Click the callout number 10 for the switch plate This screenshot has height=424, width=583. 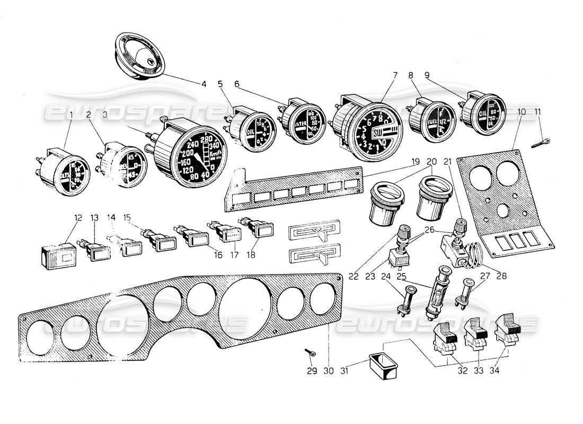point(522,112)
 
